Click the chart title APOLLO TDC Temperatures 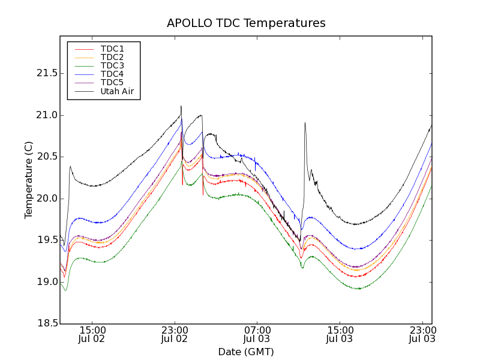tap(246, 23)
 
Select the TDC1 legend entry tap(112, 49)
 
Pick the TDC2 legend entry tap(112, 57)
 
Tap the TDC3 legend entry tap(112, 65)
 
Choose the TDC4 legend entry tap(112, 74)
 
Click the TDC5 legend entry tap(112, 83)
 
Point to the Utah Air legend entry tap(117, 92)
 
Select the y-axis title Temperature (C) tap(29, 179)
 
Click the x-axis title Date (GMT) tap(245, 352)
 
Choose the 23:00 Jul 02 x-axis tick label tap(175, 334)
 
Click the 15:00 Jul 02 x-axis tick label tap(92, 334)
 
